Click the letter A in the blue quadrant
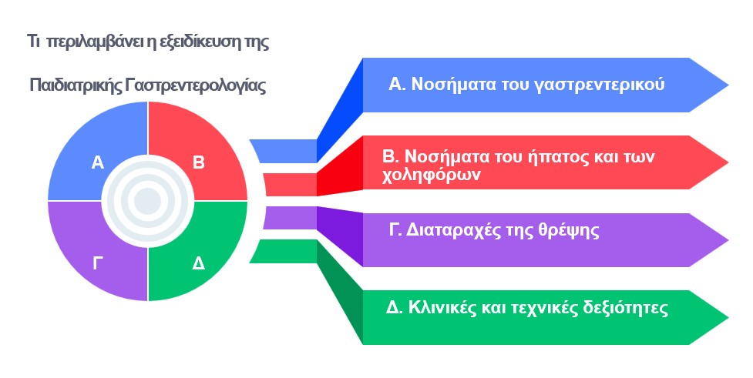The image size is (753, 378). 97,162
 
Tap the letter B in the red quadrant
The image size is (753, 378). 199,162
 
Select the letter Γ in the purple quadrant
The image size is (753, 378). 97,263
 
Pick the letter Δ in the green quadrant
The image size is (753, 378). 198,263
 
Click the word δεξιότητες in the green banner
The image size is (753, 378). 625,308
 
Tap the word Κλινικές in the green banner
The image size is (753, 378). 442,307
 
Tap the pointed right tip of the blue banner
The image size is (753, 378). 728,85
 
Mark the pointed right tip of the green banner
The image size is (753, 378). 728,317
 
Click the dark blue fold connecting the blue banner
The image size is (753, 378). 340,110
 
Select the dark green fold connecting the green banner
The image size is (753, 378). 340,292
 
